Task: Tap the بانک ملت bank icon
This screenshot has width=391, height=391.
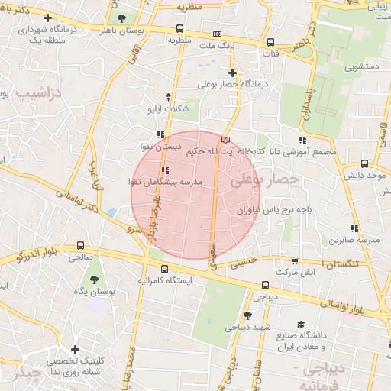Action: pyautogui.click(x=218, y=34)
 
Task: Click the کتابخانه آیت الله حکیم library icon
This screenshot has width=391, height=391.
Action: pyautogui.click(x=225, y=140)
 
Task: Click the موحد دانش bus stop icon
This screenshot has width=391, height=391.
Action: pyautogui.click(x=365, y=163)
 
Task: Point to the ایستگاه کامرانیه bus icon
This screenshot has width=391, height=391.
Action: pyautogui.click(x=165, y=268)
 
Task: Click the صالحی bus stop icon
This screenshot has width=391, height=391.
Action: pyautogui.click(x=80, y=245)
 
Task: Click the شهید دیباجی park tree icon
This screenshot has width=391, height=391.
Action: pyautogui.click(x=247, y=315)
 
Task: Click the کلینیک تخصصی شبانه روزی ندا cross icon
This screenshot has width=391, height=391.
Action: pyautogui.click(x=75, y=349)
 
